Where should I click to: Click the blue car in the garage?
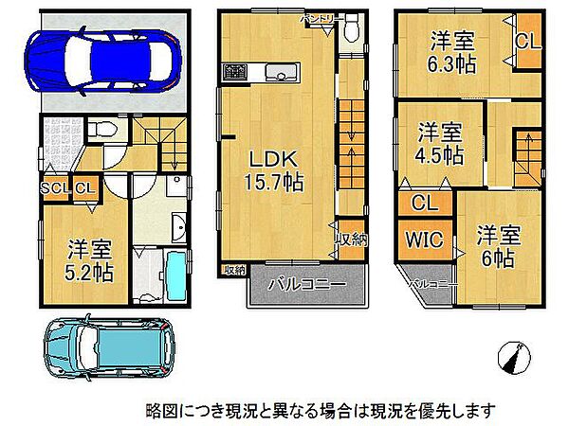[x=104, y=59]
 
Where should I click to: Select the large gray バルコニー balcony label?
[x=305, y=283]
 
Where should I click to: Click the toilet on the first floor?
[x=101, y=130]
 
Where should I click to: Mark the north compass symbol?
[x=515, y=358]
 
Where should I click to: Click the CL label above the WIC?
[x=424, y=203]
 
